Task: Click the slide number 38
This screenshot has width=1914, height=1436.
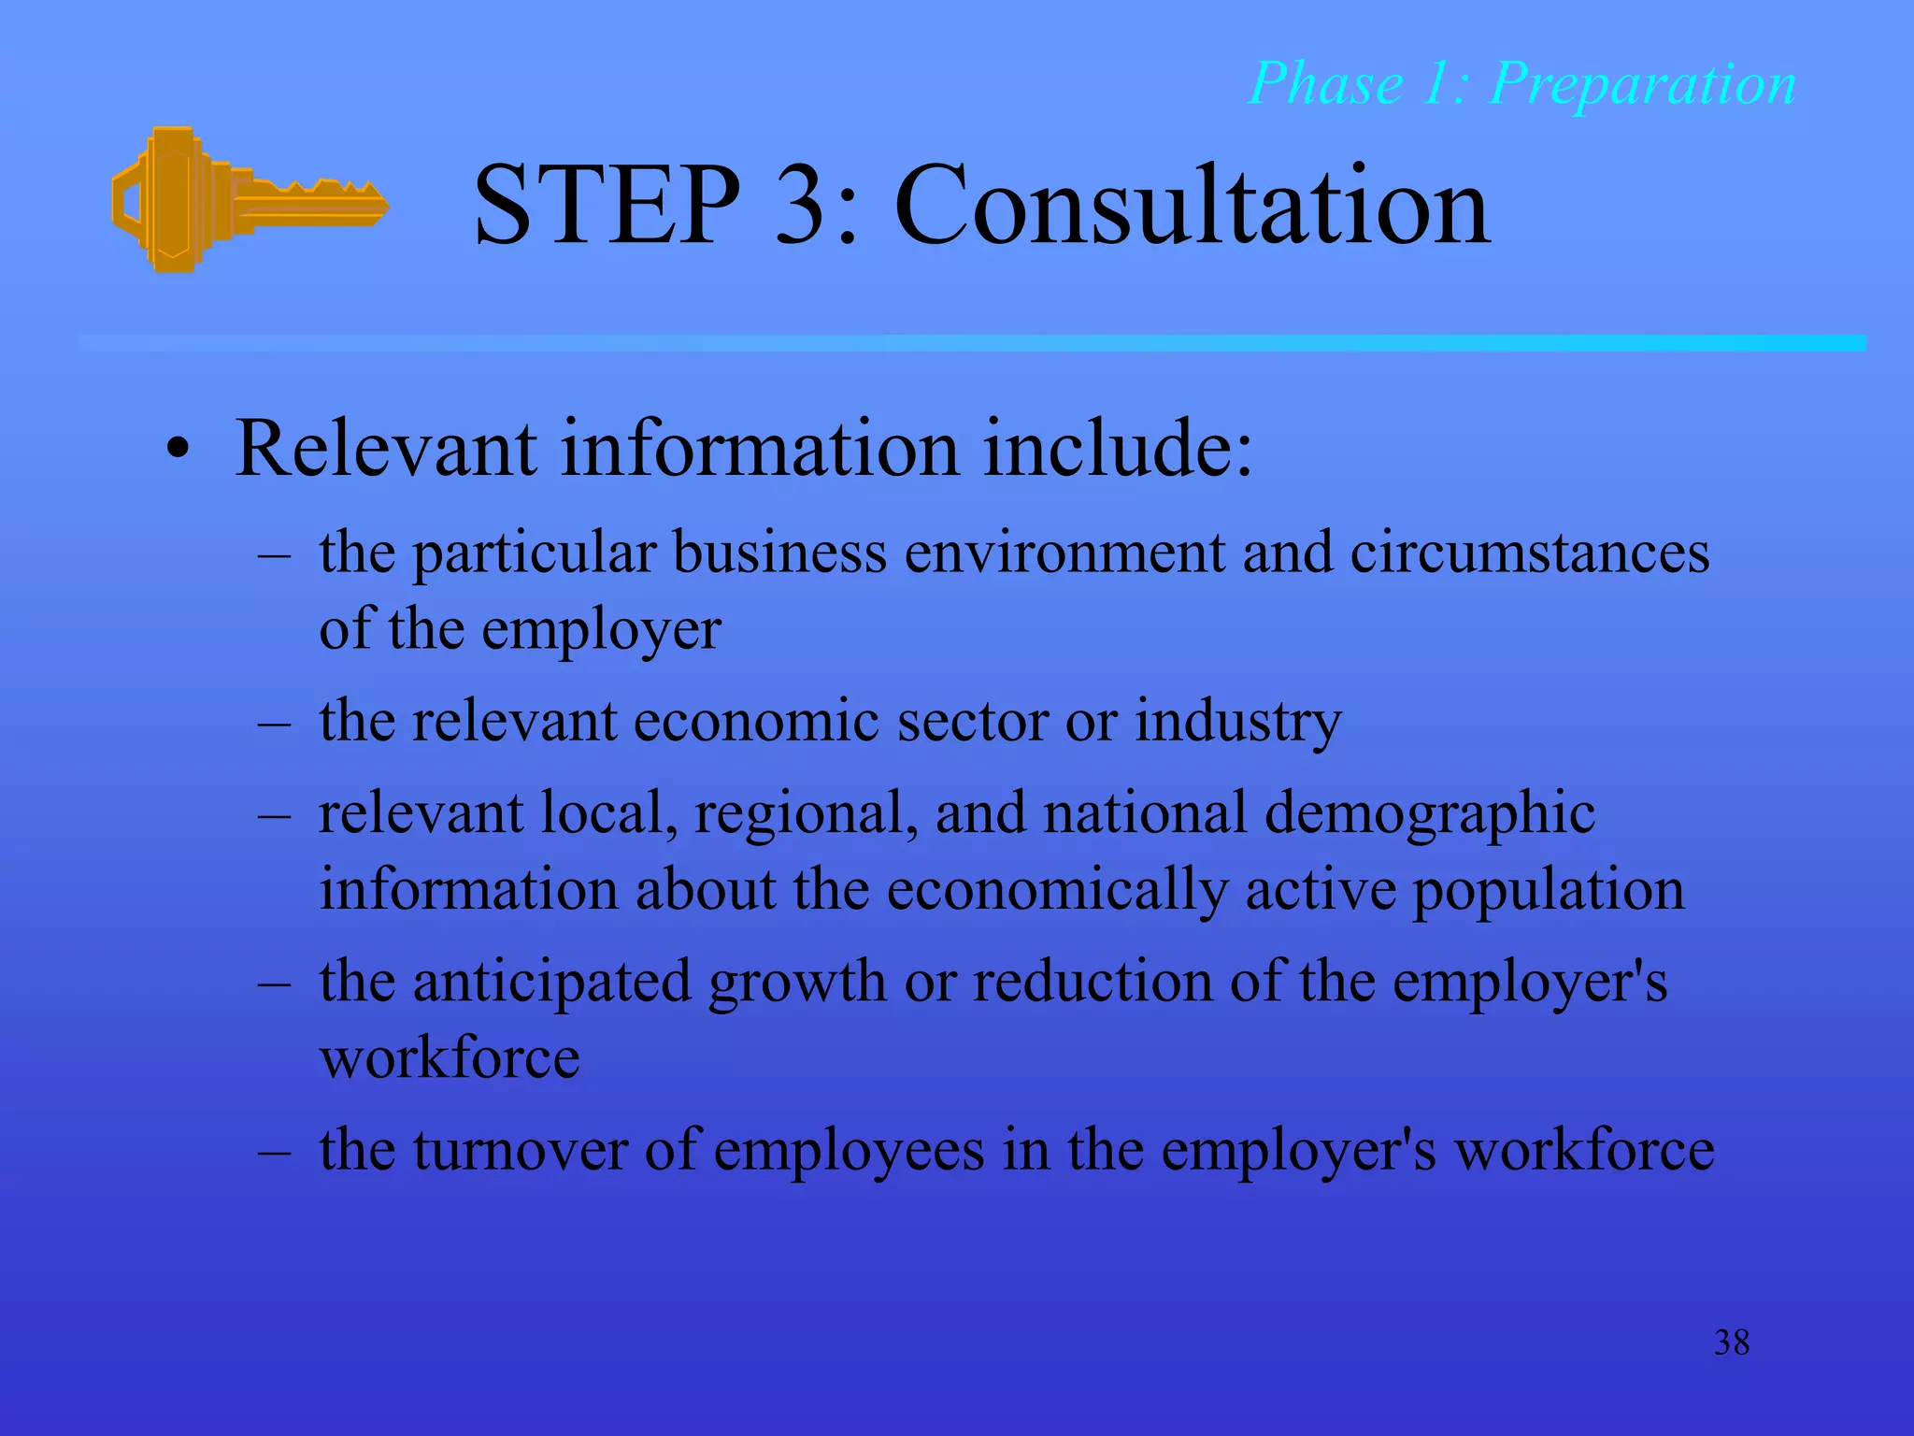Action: coord(1732,1343)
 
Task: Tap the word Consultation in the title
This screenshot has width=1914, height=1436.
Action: coord(1192,206)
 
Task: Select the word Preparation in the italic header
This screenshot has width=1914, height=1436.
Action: coord(1642,84)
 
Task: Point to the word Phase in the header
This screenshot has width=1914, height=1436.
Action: coord(1325,84)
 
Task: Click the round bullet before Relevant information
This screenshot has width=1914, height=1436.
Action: coord(178,452)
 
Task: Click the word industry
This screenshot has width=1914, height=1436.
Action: coord(1238,723)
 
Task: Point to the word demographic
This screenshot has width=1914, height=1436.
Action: coord(1430,813)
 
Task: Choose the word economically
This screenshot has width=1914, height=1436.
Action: coord(1056,890)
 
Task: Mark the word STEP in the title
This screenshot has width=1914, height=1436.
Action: coord(607,206)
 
